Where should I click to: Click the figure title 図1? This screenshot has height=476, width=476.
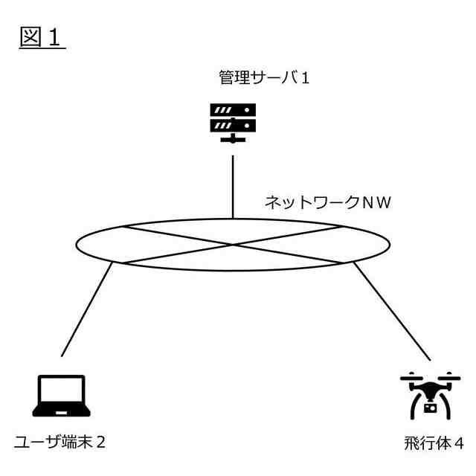[x=42, y=38]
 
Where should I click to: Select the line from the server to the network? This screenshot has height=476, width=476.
[x=234, y=186]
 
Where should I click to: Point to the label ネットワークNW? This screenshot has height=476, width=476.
[x=328, y=202]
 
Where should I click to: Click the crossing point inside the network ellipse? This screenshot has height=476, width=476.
[x=234, y=244]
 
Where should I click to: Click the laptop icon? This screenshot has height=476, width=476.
[x=61, y=396]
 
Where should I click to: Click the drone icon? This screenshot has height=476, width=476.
[x=430, y=395]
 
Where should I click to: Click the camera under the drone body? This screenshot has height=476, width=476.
[x=429, y=407]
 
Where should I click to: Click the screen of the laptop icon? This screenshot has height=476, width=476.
[x=61, y=391]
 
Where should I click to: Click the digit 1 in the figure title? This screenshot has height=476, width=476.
[x=57, y=38]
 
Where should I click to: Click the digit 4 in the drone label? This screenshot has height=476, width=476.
[x=459, y=444]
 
